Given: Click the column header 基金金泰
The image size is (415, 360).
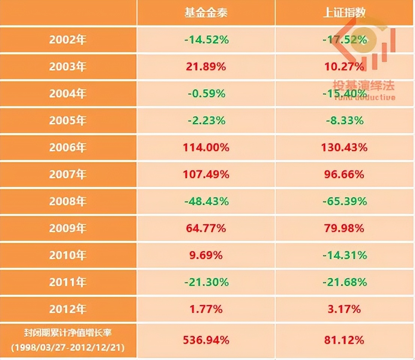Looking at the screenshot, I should click(x=206, y=13).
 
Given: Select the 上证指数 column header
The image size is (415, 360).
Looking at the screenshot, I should click(x=344, y=13).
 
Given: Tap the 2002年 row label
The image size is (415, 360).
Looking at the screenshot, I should click(x=68, y=40).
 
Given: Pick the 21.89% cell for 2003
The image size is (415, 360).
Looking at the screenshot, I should click(x=206, y=67).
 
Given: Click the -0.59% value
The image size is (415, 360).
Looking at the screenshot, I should click(x=206, y=94).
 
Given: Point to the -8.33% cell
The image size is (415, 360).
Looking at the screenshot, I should click(x=344, y=120).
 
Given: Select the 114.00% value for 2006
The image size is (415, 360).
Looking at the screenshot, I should click(x=206, y=147).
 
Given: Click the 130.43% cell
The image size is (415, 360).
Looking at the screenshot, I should click(x=344, y=147).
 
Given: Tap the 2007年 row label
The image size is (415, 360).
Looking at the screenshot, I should click(x=68, y=174).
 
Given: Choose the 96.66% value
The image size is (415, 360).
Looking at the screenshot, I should click(x=344, y=174).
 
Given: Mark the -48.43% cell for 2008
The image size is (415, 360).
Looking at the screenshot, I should click(x=206, y=201).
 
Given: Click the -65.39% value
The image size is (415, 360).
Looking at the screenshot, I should click(x=344, y=201).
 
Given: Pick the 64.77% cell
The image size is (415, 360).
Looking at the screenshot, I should click(x=206, y=228).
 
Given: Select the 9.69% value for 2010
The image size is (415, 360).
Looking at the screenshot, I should click(x=206, y=255).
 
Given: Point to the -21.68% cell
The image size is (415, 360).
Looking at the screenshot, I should click(x=344, y=282).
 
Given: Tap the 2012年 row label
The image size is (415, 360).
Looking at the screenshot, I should click(x=68, y=309).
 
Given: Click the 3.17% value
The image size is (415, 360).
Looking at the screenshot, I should click(x=344, y=309).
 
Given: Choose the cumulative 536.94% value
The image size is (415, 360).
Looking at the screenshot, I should click(x=206, y=340).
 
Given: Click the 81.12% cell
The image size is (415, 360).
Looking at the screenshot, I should click(x=344, y=340).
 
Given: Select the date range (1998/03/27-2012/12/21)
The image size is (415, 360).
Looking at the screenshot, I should click(x=68, y=347).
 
